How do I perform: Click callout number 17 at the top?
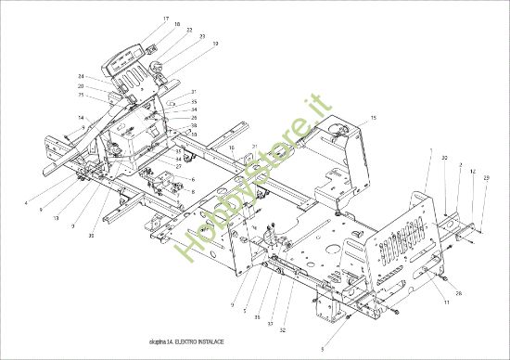pyautogui.click(x=166, y=19)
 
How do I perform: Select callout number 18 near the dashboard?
pyautogui.click(x=176, y=25)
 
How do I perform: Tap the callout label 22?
pyautogui.click(x=189, y=30)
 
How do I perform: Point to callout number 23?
pyautogui.click(x=201, y=36)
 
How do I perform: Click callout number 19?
pyautogui.click(x=214, y=43)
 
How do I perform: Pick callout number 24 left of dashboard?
pyautogui.click(x=81, y=76)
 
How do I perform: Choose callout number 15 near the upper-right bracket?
pyautogui.click(x=373, y=118)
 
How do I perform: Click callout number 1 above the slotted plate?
pyautogui.click(x=430, y=149)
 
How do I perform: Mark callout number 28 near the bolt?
pyautogui.click(x=458, y=292)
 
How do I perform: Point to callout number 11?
pyautogui.click(x=446, y=302)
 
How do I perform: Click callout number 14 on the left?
pyautogui.click(x=81, y=117)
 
